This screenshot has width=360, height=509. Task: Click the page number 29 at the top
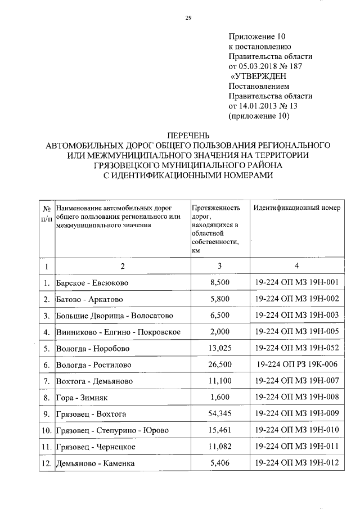click(188, 19)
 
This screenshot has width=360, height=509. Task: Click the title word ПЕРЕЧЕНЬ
click(188, 135)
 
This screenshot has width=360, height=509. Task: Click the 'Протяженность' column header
click(216, 208)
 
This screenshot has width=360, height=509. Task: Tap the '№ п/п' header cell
click(46, 213)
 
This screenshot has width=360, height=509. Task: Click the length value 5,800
click(219, 299)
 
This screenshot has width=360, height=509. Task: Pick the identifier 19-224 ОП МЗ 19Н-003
click(296, 315)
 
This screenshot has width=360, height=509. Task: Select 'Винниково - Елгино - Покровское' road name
click(118, 332)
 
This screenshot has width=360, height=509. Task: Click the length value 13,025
click(219, 348)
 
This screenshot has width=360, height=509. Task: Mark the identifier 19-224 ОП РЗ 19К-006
click(296, 364)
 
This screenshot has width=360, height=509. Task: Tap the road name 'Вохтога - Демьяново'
click(94, 381)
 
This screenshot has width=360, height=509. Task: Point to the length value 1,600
click(219, 398)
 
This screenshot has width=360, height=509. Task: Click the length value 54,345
click(219, 414)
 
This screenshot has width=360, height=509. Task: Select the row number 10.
click(46, 431)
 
